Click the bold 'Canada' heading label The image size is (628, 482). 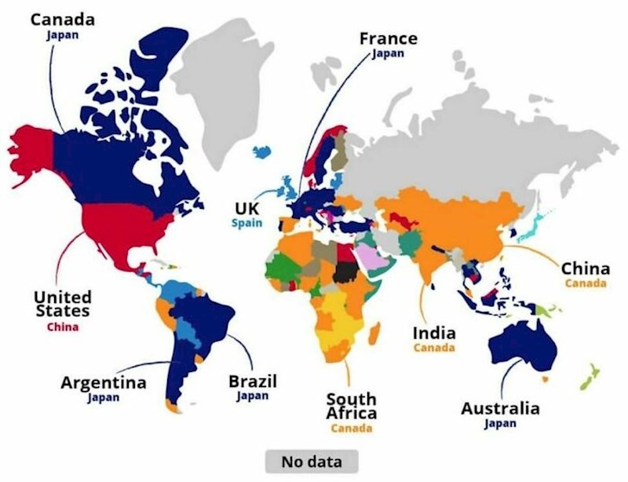(x=63, y=18)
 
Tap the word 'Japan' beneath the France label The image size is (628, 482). (x=388, y=53)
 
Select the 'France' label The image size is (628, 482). (x=388, y=38)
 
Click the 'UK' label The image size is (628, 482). (x=247, y=209)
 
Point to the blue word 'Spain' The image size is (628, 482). (x=247, y=223)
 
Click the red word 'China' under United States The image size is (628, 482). (x=62, y=327)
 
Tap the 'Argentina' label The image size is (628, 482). (x=104, y=383)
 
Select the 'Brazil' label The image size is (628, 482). (x=252, y=382)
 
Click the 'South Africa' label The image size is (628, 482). (x=351, y=407)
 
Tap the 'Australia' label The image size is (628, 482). (x=500, y=409)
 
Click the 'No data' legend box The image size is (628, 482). (x=311, y=461)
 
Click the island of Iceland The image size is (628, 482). (x=267, y=150)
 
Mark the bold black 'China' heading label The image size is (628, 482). (x=585, y=268)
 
